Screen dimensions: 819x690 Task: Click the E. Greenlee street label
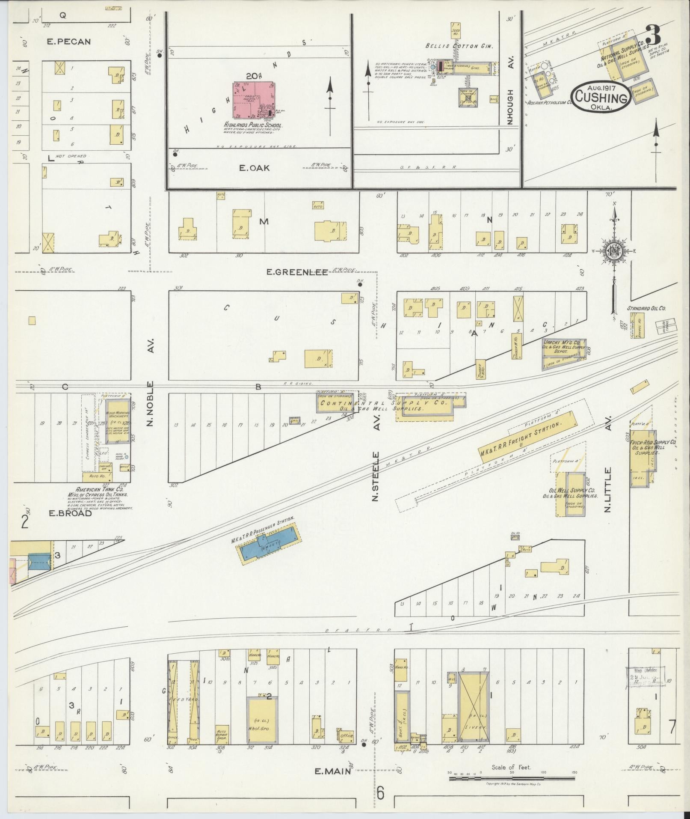pyautogui.click(x=297, y=272)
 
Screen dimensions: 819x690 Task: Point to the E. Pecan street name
pyautogui.click(x=68, y=42)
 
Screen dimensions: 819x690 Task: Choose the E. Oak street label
pyautogui.click(x=254, y=168)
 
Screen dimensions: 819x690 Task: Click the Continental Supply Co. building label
pyautogui.click(x=383, y=403)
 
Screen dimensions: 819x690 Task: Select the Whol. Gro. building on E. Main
pyautogui.click(x=262, y=720)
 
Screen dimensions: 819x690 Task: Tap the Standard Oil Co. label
pyautogui.click(x=646, y=308)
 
